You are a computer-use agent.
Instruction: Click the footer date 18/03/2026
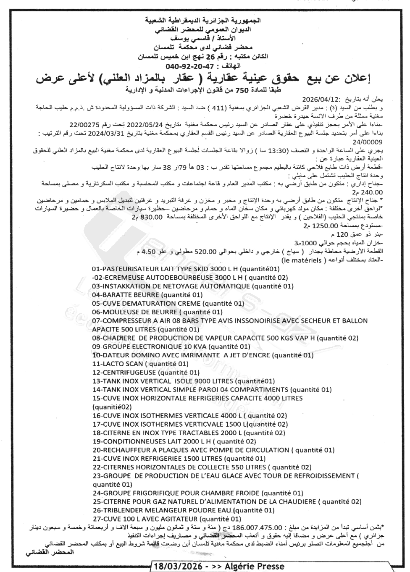[x=179, y=566]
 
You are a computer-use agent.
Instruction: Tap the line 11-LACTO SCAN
[x=140, y=364]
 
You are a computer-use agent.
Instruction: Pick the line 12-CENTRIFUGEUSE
[x=145, y=372]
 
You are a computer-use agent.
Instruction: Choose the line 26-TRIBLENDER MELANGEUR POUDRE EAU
[x=183, y=510]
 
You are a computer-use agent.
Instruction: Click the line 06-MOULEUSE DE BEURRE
[x=157, y=312]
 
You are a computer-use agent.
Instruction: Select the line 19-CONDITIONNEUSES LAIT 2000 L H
[x=173, y=441]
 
